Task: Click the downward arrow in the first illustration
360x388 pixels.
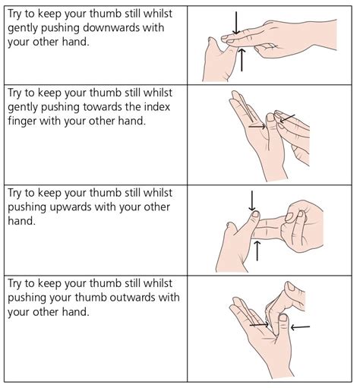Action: [x=236, y=24]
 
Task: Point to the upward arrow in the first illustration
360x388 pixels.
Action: [x=242, y=59]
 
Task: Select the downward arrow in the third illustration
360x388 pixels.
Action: [x=251, y=200]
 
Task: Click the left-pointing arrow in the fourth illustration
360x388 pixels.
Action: [x=300, y=326]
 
